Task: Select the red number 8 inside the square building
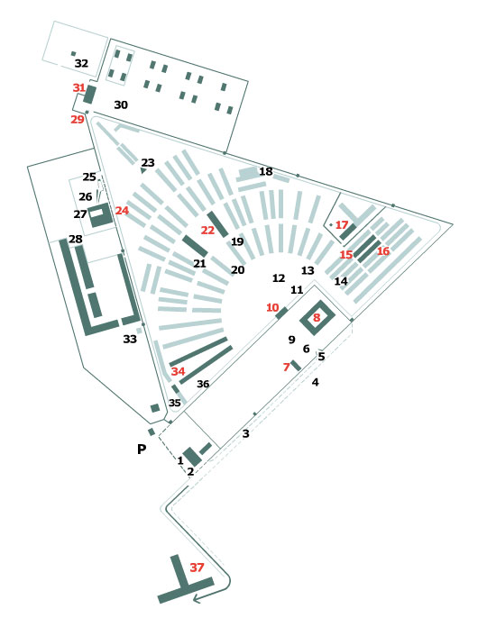tap(317, 317)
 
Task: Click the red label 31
tap(79, 88)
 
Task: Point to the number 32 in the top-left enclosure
tap(82, 63)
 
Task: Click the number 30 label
tap(121, 105)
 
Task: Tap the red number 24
tap(122, 210)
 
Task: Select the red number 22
tap(207, 231)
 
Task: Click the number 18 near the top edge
tap(265, 171)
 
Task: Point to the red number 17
tap(342, 225)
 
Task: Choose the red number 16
tap(383, 251)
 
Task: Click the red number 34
tap(179, 371)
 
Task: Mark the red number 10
tap(272, 307)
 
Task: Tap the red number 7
tap(286, 367)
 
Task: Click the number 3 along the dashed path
tap(245, 434)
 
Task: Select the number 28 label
tap(75, 239)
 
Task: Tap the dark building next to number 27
tap(100, 216)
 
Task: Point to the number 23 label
tap(148, 162)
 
